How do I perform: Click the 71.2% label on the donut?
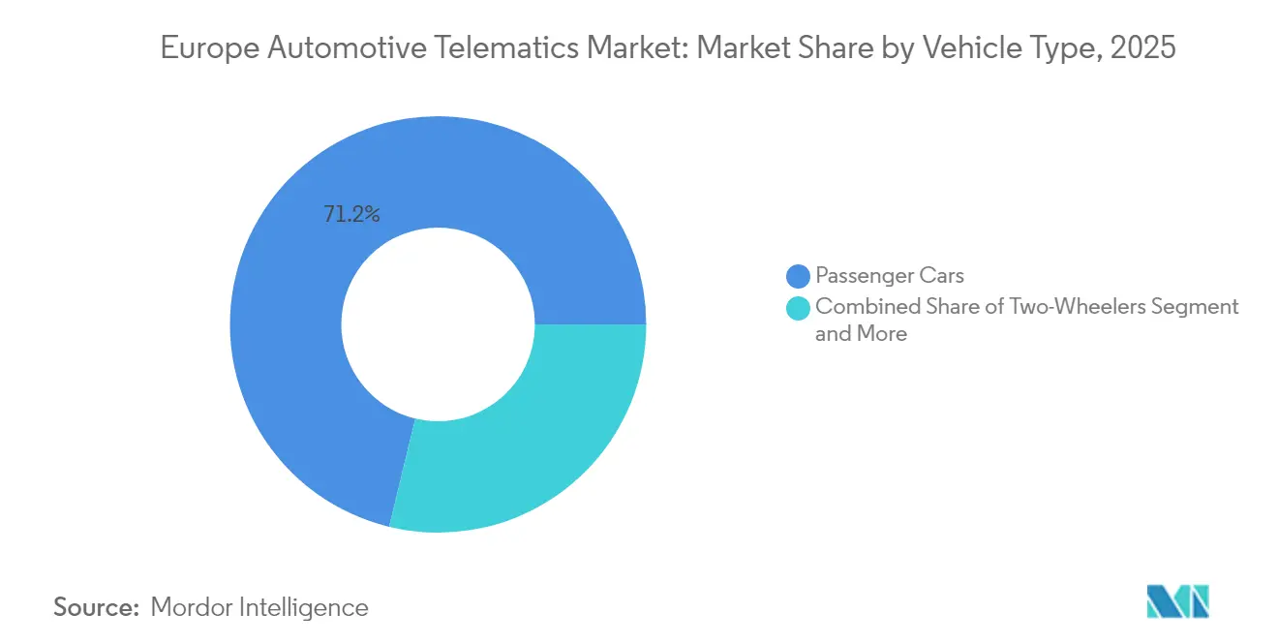coord(351,215)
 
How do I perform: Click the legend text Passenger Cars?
coord(890,277)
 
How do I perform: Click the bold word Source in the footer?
coord(97,607)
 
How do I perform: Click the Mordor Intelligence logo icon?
coord(1177,601)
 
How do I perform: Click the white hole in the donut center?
coord(438,324)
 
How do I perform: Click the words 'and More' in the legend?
coord(861,334)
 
